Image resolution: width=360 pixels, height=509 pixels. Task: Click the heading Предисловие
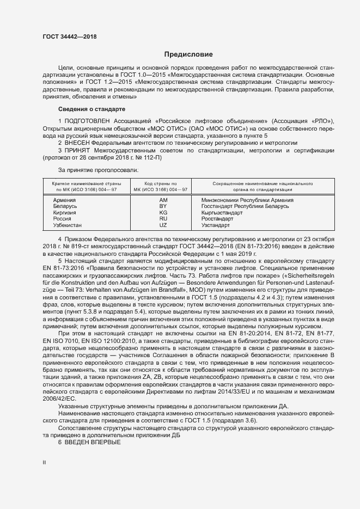click(188, 54)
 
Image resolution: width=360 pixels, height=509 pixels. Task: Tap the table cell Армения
click(64, 200)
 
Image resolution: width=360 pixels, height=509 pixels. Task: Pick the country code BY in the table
click(162, 206)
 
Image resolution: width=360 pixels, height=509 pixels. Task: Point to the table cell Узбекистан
click(68, 225)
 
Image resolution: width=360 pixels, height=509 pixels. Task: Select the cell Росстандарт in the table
click(217, 219)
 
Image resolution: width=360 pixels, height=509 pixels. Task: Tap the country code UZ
click(162, 225)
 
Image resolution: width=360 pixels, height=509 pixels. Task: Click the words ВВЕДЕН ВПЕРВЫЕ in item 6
click(92, 443)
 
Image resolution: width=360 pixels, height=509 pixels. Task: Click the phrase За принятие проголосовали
click(90, 170)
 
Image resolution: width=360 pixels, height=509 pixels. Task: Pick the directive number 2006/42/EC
click(57, 398)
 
